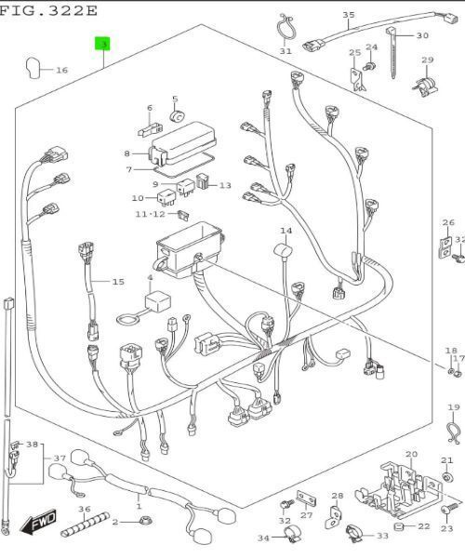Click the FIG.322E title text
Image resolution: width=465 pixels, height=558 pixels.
click(48, 10)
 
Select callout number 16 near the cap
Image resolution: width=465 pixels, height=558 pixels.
click(61, 70)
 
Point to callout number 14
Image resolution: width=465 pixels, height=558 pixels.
click(286, 231)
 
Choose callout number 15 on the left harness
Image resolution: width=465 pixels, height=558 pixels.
click(118, 282)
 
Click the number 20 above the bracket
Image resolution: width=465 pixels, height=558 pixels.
click(411, 454)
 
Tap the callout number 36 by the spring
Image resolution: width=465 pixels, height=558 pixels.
click(84, 509)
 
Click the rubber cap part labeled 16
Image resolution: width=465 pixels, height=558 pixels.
click(33, 68)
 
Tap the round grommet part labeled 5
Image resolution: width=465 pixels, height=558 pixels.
click(177, 117)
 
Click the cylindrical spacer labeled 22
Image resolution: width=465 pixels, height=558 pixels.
click(398, 527)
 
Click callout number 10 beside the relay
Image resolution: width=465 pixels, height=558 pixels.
click(138, 198)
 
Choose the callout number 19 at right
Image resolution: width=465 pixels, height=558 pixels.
click(454, 408)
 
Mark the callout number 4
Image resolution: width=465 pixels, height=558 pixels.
click(150, 277)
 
